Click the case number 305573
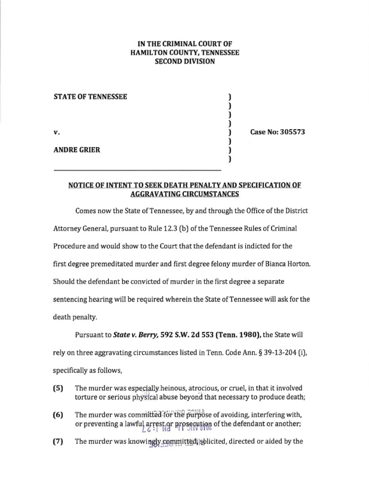click(290, 132)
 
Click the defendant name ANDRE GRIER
click(76, 149)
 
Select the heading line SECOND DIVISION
click(184, 62)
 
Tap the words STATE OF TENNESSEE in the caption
click(90, 97)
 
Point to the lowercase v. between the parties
click(56, 132)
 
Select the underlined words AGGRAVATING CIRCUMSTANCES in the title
click(184, 194)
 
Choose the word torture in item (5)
click(87, 397)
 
